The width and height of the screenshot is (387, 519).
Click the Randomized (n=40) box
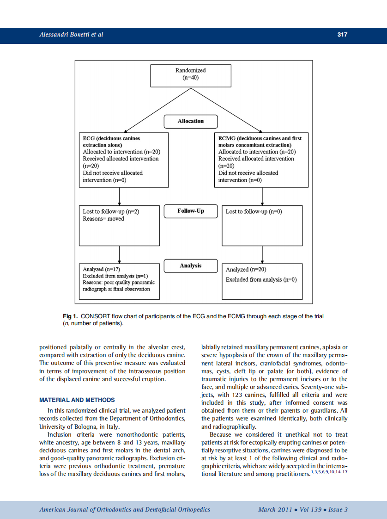(x=191, y=75)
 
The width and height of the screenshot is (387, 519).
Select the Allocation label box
(x=191, y=121)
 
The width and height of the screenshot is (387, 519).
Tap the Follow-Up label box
(x=191, y=211)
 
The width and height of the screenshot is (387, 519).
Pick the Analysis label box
(x=191, y=266)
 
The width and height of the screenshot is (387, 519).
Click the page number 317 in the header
(x=342, y=35)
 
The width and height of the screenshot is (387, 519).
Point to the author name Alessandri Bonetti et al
(x=71, y=35)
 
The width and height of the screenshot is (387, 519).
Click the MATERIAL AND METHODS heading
(x=77, y=400)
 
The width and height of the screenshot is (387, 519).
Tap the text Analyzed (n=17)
(x=102, y=269)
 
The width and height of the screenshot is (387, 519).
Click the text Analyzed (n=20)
(x=246, y=270)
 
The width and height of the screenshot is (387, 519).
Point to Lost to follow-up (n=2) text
(x=111, y=212)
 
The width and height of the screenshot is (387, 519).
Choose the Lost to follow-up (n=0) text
(x=254, y=212)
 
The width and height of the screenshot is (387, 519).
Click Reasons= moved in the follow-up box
(x=103, y=219)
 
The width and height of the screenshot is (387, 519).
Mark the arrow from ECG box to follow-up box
(x=120, y=196)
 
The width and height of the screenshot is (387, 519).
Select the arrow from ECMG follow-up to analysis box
(x=262, y=254)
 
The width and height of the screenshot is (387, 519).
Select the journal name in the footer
(x=125, y=510)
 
